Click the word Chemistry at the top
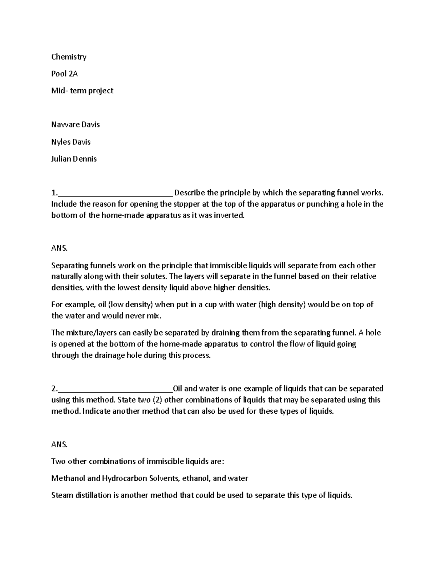coord(69,57)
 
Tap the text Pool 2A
coord(64,74)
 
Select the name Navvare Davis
coord(75,125)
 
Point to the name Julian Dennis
coord(74,159)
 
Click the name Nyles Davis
coord(71,142)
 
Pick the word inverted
coord(231,215)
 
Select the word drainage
coord(109,355)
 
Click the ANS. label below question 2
coord(59,444)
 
